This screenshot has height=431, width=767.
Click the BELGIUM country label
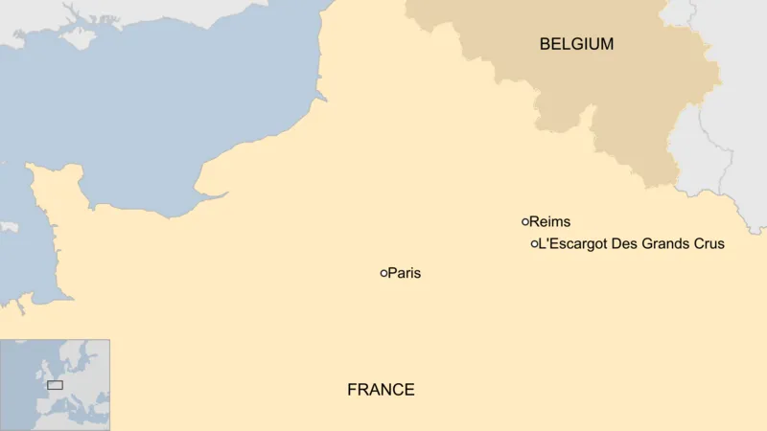coord(576,44)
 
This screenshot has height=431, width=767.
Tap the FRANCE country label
coord(381,390)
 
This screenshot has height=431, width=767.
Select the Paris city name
coord(405,273)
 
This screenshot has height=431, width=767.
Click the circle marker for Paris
coord(384,273)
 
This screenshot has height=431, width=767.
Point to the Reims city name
coord(550,222)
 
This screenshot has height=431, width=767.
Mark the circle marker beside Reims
coord(525,221)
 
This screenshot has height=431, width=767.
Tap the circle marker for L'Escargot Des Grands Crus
coord(534,244)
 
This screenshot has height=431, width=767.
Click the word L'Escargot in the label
coord(572,244)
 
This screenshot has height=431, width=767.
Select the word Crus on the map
coord(709,244)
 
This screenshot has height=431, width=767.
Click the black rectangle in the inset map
coord(55,384)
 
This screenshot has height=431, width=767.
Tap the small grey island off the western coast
coord(8,227)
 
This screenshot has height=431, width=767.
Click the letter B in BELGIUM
coord(545,44)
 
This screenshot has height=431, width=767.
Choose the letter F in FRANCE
coord(352,390)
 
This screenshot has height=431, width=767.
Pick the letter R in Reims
coord(534,222)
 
